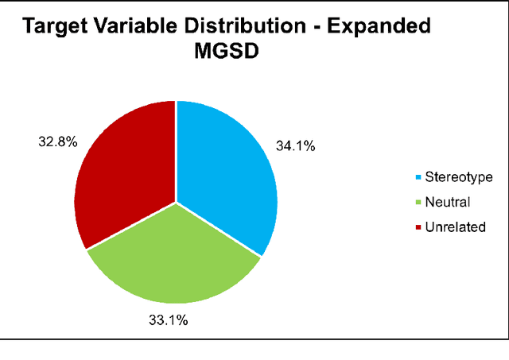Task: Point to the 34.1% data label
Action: click(295, 146)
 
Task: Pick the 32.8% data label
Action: click(57, 142)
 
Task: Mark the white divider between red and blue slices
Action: click(176, 151)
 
